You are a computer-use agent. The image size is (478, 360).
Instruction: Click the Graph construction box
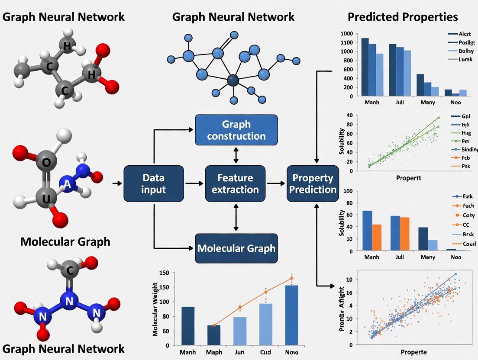(x=236, y=130)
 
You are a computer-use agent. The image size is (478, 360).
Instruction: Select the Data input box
(x=153, y=183)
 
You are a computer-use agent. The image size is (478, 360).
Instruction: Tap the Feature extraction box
(x=235, y=183)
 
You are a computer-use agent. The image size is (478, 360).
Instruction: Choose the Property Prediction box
(x=313, y=183)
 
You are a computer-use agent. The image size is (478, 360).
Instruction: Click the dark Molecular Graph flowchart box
(x=236, y=248)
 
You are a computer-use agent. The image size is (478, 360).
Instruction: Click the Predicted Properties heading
(x=402, y=17)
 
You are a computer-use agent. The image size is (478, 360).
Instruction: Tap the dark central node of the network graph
(x=233, y=80)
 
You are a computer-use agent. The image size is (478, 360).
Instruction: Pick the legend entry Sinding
(x=468, y=149)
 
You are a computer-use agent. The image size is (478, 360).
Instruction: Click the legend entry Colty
(x=468, y=215)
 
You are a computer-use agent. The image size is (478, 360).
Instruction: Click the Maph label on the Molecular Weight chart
(x=214, y=352)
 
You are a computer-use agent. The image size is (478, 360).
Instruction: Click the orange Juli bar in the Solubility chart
(x=405, y=234)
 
